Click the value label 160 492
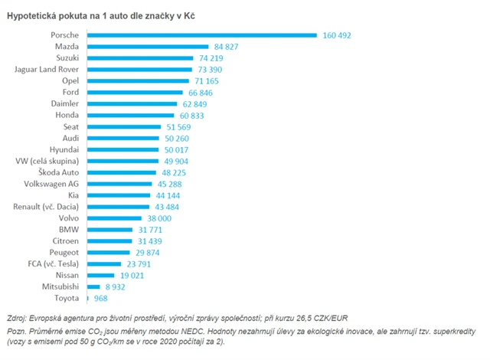[339, 35]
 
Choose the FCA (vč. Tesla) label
[51, 263]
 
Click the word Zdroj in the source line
[18, 316]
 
